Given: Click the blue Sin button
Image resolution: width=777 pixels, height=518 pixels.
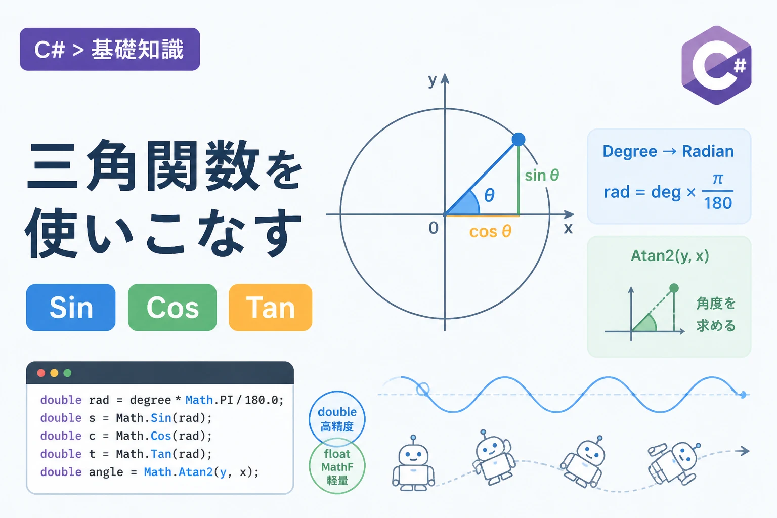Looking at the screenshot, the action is [x=71, y=308].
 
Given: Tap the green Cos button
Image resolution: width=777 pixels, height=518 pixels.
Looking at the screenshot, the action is [x=172, y=308].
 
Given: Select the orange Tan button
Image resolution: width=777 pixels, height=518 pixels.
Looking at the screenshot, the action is [x=271, y=308].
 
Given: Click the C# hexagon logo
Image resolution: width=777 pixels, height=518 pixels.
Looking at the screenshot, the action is [x=716, y=65].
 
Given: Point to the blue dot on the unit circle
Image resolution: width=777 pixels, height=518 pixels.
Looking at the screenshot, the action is [x=518, y=140].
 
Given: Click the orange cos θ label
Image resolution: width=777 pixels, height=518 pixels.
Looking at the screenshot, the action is [x=490, y=231].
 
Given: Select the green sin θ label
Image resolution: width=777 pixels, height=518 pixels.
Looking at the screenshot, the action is [x=542, y=175].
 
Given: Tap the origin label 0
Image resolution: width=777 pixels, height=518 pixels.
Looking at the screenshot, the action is [x=433, y=228].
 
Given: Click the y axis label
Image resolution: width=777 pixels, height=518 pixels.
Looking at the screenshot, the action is [x=433, y=80].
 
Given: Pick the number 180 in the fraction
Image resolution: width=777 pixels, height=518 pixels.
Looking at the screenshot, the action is [x=718, y=203].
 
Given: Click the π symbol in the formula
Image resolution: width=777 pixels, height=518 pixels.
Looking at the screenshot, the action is [x=718, y=179].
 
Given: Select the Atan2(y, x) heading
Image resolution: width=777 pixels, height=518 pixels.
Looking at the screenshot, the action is [x=669, y=256].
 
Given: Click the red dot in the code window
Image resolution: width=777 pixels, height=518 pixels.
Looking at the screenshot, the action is [x=41, y=373].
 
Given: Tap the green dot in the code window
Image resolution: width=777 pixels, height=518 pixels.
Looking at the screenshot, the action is [x=67, y=373].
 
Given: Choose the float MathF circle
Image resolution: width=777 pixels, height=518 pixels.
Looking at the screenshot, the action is [x=337, y=466].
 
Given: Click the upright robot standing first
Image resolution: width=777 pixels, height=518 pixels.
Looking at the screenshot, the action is [x=413, y=463].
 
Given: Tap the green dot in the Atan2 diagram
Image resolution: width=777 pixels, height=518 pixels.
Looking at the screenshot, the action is [x=674, y=288].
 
